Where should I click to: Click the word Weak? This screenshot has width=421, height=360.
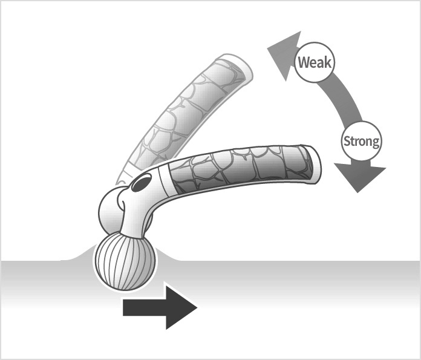coord(315,62)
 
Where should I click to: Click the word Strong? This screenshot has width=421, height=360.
coord(362,141)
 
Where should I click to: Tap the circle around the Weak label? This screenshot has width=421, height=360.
coord(315,42)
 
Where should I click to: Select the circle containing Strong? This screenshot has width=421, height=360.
coord(362,122)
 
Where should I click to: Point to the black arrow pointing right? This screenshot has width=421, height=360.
coord(160,307)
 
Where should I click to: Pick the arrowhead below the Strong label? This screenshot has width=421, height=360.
coord(360,177)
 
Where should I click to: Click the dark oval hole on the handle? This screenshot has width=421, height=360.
coord(142,183)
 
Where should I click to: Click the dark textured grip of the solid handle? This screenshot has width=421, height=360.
coord(241,166)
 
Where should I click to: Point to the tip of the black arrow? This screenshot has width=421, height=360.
coord(197,307)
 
